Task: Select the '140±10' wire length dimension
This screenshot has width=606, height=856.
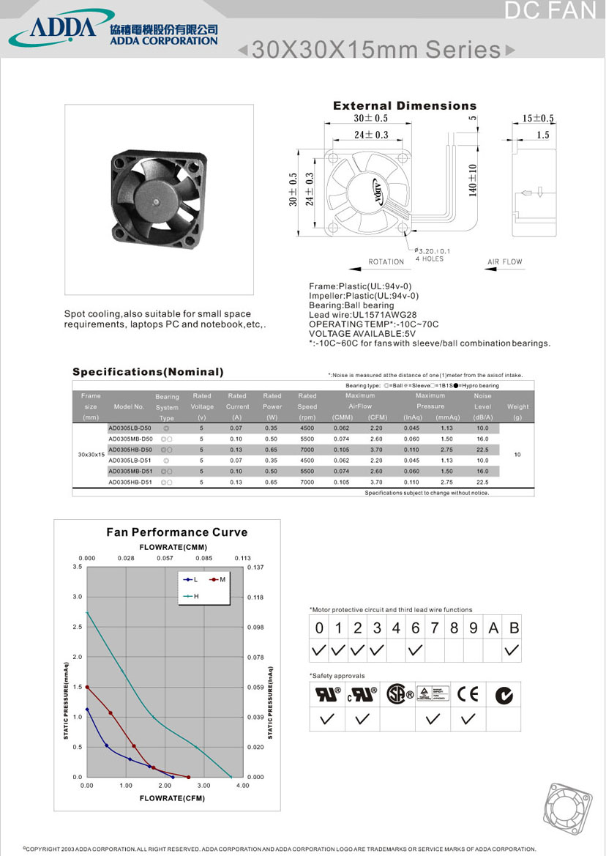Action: (473, 179)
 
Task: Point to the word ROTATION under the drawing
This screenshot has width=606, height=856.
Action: (386, 261)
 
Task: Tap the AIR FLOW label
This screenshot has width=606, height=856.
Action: (505, 261)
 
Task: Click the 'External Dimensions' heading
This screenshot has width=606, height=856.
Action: (405, 106)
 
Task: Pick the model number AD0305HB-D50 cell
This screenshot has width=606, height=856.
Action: (130, 449)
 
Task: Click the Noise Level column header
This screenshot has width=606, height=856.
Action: (482, 406)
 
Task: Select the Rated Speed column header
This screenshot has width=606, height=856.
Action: (307, 406)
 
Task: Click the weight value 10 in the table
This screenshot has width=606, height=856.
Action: (517, 455)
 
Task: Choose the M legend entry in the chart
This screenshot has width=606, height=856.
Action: (217, 580)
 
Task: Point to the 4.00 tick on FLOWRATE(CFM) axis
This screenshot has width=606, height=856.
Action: (242, 785)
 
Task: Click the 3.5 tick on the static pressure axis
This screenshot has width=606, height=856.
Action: (78, 567)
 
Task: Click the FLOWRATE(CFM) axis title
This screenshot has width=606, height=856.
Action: (172, 798)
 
